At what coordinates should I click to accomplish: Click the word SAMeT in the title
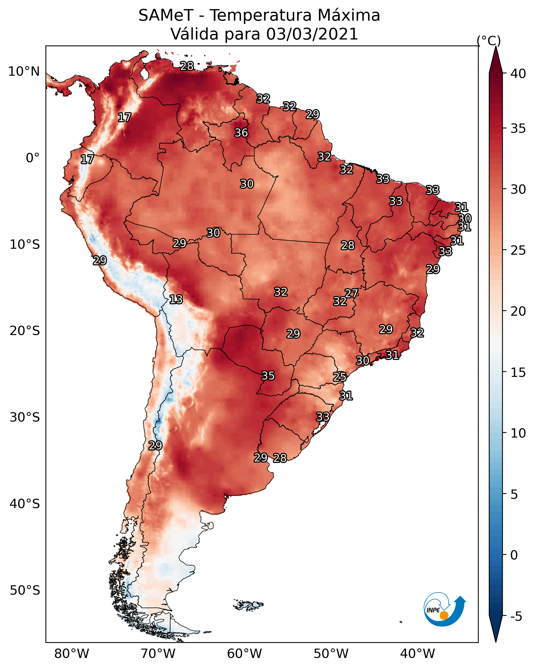click(166, 15)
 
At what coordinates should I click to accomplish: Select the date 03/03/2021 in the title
click(312, 34)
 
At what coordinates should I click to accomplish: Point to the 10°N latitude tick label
click(24, 72)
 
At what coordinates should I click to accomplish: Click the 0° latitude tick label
click(33, 158)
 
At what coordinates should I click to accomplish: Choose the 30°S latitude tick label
click(25, 417)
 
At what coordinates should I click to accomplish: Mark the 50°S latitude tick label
click(25, 591)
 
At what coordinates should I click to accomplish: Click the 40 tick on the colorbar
click(518, 74)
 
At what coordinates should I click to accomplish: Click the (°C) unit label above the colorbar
click(489, 41)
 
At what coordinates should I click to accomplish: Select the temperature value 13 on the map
click(176, 300)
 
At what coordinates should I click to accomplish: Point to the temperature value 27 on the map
click(351, 293)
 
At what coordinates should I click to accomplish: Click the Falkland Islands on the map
click(249, 604)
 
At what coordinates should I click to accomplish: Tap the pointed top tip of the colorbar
click(496, 46)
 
